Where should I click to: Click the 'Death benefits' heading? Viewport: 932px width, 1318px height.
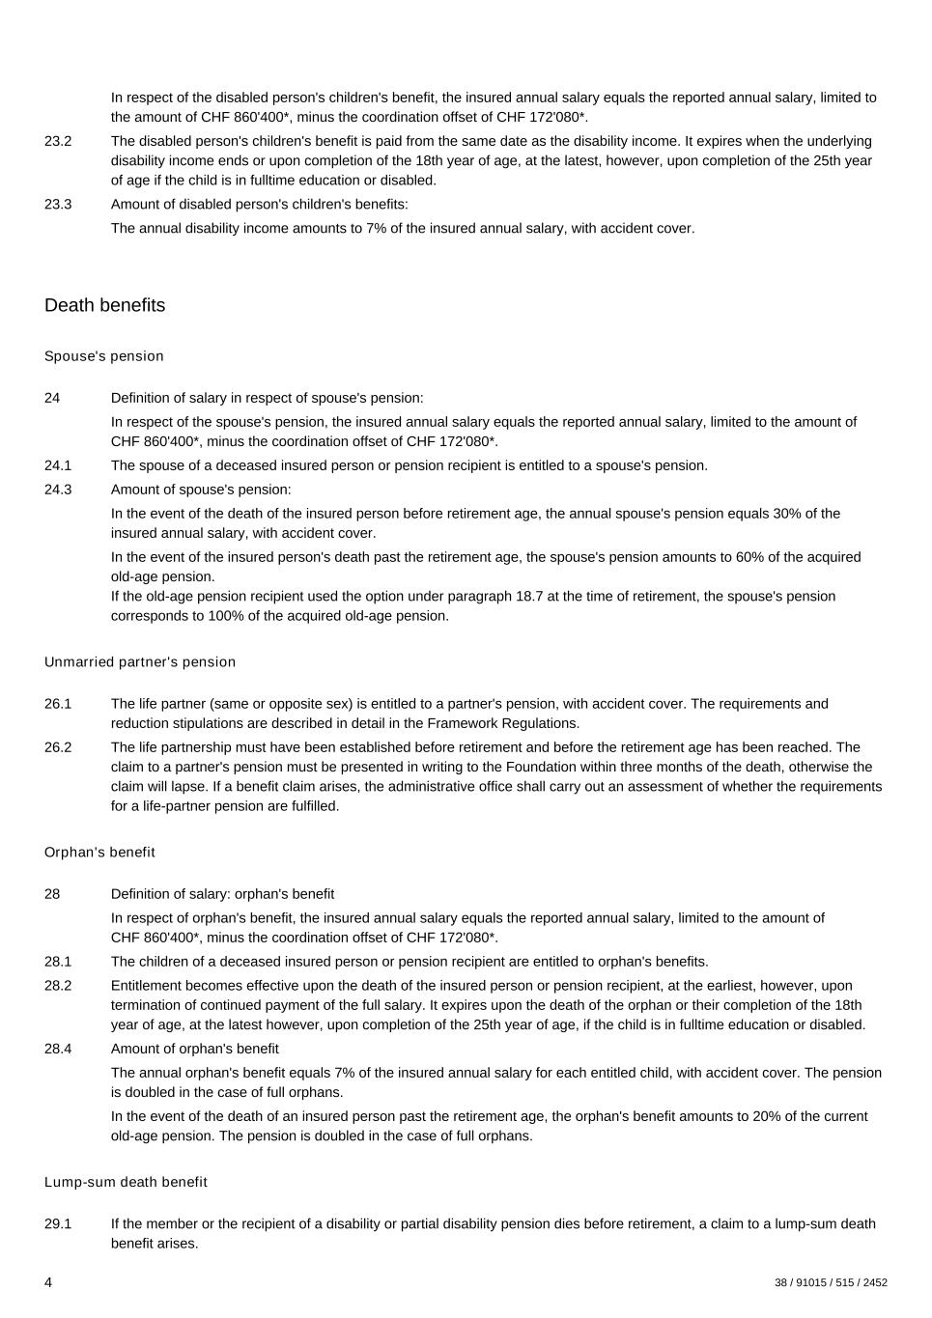[x=104, y=305]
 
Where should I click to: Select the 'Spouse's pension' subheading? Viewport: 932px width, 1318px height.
[x=104, y=356]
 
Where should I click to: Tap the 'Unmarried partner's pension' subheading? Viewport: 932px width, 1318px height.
[x=140, y=662]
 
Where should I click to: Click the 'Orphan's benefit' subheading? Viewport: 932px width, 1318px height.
[x=99, y=853]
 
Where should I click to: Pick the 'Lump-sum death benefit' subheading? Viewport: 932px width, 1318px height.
[x=126, y=1182]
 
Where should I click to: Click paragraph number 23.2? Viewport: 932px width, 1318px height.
[x=58, y=141]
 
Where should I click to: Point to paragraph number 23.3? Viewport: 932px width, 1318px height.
[x=58, y=205]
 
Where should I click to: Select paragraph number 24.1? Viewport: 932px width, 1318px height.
[x=58, y=465]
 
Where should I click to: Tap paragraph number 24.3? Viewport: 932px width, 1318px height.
[x=58, y=490]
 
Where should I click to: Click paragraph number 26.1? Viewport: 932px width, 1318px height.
[x=58, y=704]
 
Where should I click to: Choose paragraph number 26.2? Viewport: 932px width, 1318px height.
[x=58, y=747]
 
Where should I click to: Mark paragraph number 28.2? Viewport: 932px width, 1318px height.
[x=58, y=986]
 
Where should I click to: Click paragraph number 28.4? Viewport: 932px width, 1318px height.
[x=58, y=1049]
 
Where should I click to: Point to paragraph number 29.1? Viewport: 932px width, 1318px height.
[x=58, y=1224]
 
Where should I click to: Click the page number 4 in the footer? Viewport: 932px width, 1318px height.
[x=48, y=1282]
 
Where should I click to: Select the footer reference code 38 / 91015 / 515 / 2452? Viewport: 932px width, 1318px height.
[x=831, y=1283]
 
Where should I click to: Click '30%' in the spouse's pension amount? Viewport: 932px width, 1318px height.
[x=788, y=514]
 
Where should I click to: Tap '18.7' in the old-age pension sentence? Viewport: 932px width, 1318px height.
[x=529, y=597]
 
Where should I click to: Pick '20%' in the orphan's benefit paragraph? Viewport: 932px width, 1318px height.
[x=768, y=1116]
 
